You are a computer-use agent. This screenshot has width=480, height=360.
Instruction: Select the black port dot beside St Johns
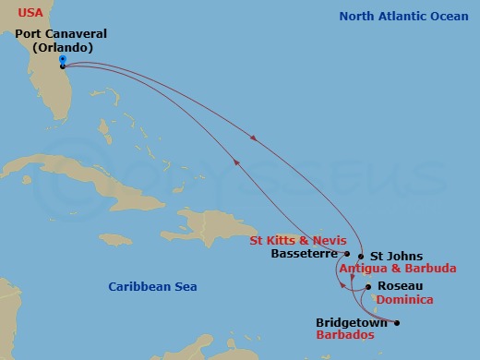coord(361,257)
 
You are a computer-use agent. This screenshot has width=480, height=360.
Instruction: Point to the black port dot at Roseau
coord(368,287)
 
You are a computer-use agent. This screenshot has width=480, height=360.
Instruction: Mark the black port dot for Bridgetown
coord(397,323)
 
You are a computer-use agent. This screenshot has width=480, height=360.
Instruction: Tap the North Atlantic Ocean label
coord(403,16)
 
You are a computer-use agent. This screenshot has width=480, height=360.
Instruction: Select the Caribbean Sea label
coord(152,287)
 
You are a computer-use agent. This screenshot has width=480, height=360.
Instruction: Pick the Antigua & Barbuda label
coord(398,269)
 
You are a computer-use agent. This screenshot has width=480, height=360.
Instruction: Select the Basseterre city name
coord(305,253)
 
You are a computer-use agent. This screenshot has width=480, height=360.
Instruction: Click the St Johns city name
coord(396,256)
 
